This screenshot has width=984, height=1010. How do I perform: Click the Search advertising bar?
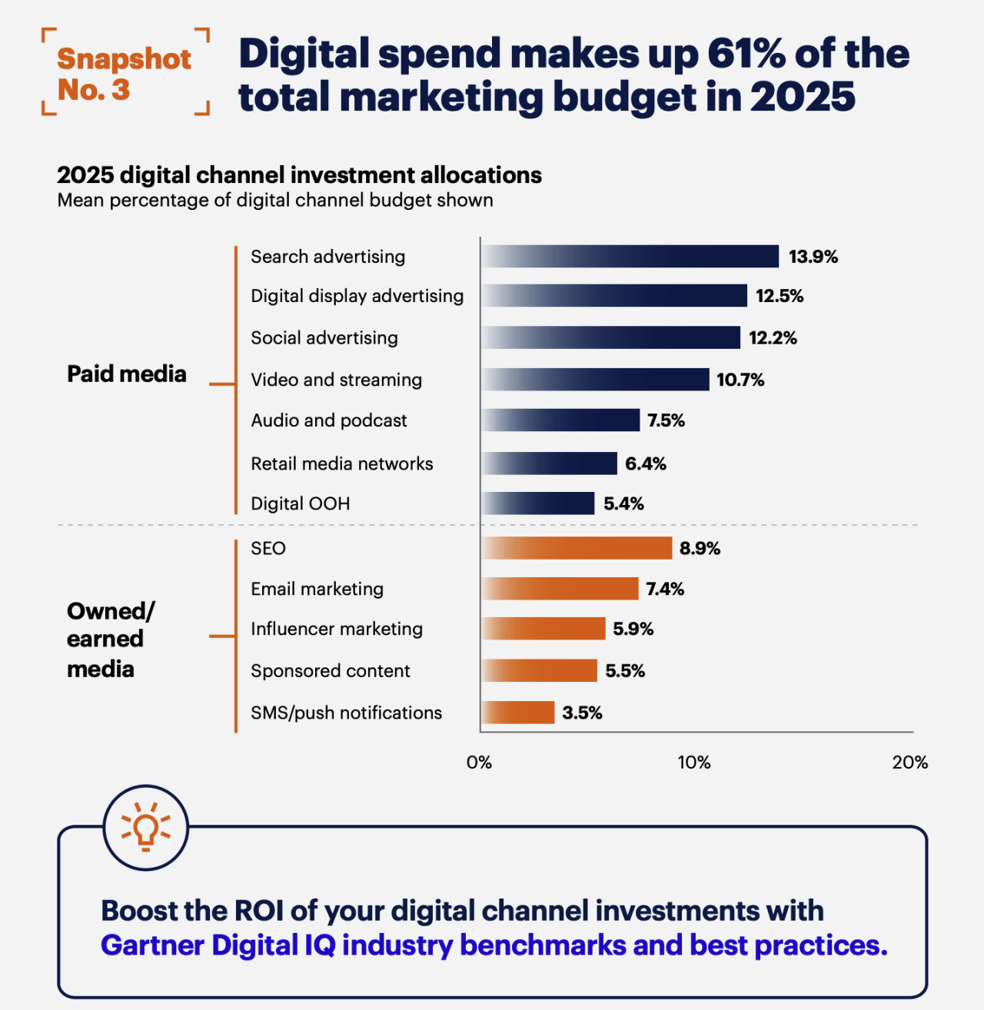[630, 257]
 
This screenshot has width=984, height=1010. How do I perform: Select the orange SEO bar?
[577, 548]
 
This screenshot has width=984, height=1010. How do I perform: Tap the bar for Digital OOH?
[537, 503]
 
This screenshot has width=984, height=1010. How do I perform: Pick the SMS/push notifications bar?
[518, 712]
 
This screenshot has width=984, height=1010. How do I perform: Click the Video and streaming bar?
[595, 380]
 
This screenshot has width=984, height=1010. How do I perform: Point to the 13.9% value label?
[813, 257]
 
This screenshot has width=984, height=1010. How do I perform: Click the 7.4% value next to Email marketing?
[665, 589]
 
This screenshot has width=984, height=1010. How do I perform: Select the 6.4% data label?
[646, 463]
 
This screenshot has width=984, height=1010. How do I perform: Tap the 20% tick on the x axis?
[909, 762]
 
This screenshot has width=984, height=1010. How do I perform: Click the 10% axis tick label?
[694, 762]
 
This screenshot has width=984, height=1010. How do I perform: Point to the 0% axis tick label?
[479, 762]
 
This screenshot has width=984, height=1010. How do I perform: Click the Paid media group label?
[127, 374]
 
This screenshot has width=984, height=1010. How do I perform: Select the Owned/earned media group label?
[111, 640]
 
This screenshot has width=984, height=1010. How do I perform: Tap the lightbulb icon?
[146, 827]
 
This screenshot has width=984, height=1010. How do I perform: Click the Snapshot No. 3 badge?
[125, 72]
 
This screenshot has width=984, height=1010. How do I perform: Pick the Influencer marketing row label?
[337, 629]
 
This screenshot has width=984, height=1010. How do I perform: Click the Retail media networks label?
[342, 463]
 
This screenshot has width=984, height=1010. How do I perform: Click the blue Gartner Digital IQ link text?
[494, 945]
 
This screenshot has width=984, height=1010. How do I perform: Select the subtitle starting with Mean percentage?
[275, 201]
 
